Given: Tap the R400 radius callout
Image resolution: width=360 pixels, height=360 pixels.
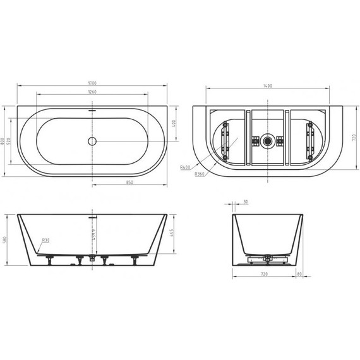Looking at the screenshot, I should point(185,167).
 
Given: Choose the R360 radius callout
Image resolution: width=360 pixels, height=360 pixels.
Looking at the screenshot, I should point(200,174).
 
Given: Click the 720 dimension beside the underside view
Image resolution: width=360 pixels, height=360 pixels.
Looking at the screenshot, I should point(354,136).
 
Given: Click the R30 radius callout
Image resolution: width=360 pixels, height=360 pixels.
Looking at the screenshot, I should point(46,241).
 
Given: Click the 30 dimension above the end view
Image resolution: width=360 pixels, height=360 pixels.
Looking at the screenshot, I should point(244,202).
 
